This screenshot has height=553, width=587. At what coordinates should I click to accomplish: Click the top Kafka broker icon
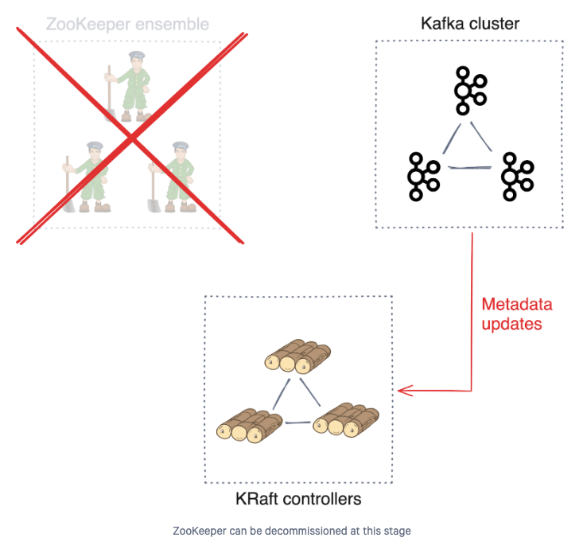pos(470,90)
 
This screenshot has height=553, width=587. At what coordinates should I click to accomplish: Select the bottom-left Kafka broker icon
pos(423,177)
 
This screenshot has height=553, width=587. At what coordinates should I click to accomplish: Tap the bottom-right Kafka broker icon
pos(517,177)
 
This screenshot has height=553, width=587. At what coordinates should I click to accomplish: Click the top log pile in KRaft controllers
pos(297,356)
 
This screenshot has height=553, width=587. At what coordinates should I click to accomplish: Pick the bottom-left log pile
pos(249,426)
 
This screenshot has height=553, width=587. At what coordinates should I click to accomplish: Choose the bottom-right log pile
pos(346,420)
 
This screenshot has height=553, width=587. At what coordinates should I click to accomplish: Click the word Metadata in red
pos(517,304)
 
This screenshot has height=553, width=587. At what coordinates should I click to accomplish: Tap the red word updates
pos(511,324)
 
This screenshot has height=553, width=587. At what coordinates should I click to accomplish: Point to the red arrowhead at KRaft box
pos(398,391)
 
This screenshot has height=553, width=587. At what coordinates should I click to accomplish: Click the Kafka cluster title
pos(470,24)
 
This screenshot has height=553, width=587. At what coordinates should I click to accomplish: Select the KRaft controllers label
pos(298,499)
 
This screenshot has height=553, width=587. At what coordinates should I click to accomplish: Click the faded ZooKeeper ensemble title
pos(127,25)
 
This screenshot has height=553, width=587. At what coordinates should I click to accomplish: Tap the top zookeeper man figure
pos(128,87)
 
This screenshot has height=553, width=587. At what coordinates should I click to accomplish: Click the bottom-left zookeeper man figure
pos(86,177)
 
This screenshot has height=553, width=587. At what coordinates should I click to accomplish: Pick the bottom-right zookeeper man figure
pos(172,177)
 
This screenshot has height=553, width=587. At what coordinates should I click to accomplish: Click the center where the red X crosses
pos(131,138)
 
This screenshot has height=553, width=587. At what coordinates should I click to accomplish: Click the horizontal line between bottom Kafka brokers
pos(470,167)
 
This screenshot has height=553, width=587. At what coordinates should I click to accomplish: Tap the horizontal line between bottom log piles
pos(298,423)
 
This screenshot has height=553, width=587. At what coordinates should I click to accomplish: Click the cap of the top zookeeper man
pos(137,56)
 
